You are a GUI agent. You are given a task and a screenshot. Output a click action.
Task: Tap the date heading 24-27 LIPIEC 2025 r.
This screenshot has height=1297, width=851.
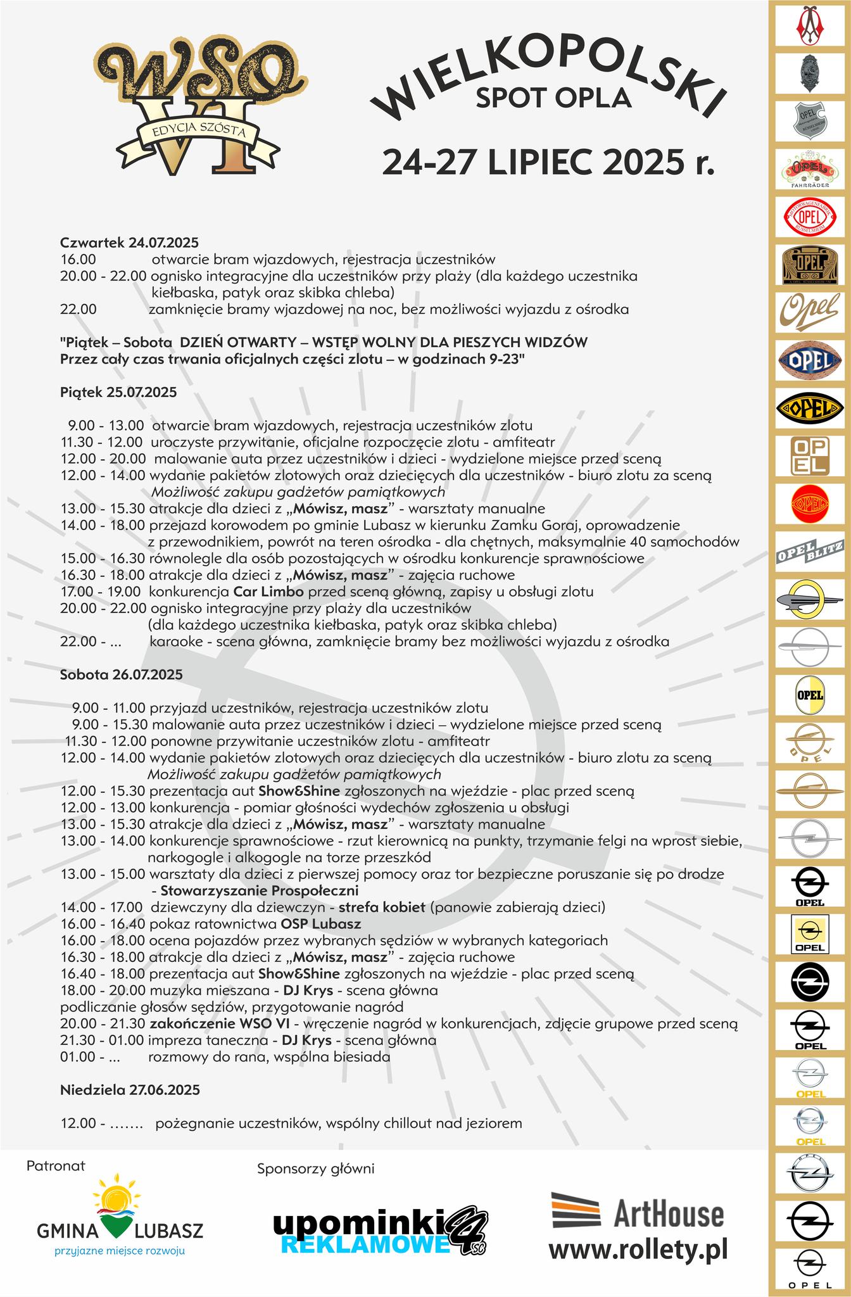548,161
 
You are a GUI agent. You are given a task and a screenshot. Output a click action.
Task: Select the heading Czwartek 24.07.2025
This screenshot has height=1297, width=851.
129,243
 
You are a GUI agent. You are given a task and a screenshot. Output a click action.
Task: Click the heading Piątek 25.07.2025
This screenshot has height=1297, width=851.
118,392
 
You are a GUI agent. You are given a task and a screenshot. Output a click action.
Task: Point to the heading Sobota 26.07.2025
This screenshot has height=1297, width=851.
121,674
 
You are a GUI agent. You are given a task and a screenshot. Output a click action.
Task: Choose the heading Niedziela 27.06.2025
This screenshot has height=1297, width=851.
130,1090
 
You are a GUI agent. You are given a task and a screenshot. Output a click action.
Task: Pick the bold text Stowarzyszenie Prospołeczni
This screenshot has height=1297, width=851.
260,890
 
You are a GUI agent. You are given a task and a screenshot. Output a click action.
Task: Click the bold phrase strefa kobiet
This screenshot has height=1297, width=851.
387,907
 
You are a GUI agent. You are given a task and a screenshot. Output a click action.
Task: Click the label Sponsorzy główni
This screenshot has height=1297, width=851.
315,1168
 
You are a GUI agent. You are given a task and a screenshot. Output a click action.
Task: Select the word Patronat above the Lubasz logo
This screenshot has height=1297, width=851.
56,1165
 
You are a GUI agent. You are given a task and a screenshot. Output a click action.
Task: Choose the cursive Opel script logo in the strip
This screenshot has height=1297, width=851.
810,311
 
